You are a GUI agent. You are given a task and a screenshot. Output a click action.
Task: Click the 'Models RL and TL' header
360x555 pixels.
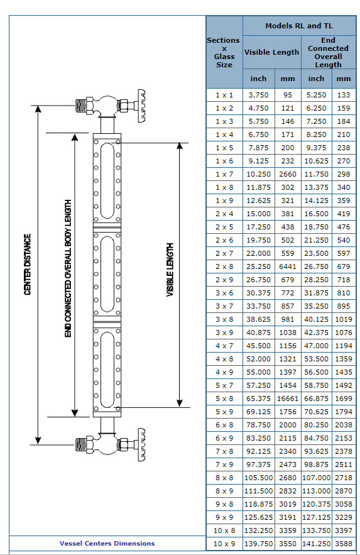pos(299,26)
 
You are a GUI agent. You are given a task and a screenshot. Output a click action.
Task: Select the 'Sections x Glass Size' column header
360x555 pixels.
pos(224,52)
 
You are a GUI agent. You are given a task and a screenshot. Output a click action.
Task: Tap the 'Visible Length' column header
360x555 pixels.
pos(271,52)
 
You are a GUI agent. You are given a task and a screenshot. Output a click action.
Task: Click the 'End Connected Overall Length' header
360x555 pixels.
pos(328,52)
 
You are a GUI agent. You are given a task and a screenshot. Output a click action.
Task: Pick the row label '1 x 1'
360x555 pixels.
pos(224,95)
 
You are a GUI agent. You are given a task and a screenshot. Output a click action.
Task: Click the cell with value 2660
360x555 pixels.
pos(288,174)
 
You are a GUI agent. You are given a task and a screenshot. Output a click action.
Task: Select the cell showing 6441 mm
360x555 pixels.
pos(288,267)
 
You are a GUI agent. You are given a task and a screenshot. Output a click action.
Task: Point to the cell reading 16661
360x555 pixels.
pos(288,398)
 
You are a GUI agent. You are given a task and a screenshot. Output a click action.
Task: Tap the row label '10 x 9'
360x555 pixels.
pos(224,544)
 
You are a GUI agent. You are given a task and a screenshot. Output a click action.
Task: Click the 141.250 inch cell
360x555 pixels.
pos(316,544)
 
